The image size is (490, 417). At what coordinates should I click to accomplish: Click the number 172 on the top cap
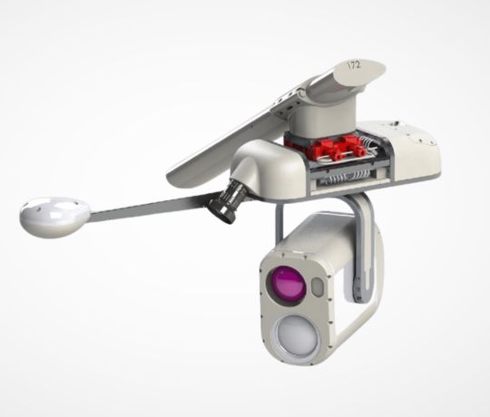point(355,65)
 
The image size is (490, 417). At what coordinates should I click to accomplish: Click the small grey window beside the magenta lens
point(318,287)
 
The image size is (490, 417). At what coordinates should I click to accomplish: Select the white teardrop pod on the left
point(55,217)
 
